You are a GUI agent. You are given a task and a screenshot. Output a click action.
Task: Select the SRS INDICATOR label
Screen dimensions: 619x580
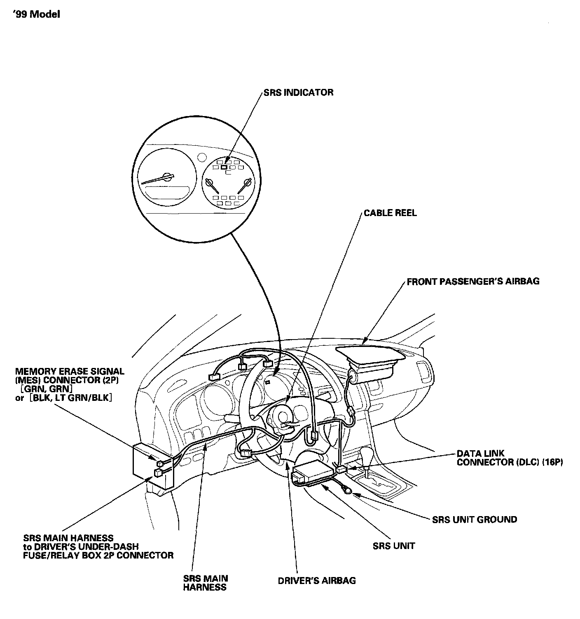(x=298, y=92)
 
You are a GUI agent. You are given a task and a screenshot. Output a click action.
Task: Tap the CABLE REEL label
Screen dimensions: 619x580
(x=390, y=213)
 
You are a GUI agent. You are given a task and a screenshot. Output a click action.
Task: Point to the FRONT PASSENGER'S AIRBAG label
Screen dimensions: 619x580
(x=473, y=282)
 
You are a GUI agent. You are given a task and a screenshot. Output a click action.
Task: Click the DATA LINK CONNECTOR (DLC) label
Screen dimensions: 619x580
(x=509, y=458)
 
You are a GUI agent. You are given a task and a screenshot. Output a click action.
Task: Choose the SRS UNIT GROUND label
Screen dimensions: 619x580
(x=474, y=519)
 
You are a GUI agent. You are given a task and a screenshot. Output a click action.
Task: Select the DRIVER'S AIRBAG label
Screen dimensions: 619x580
(x=316, y=580)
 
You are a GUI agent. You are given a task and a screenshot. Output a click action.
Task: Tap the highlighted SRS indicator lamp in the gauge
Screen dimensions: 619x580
(x=224, y=167)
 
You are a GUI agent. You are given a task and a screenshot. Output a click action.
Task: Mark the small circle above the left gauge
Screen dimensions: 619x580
(x=201, y=158)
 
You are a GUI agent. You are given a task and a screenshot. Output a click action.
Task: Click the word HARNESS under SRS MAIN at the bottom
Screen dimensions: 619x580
(x=205, y=587)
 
